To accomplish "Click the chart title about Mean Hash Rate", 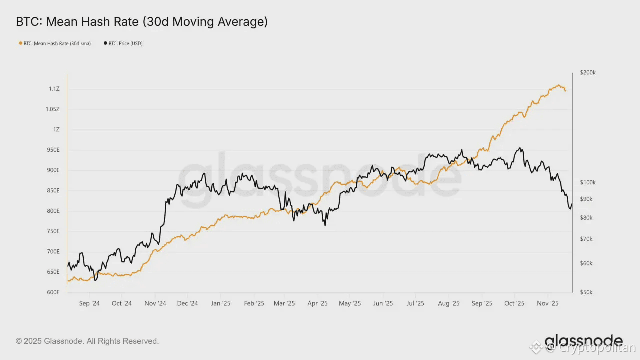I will (142, 22).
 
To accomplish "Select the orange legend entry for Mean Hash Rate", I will (55, 44).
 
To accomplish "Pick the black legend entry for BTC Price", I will (123, 44).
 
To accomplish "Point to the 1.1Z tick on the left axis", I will (54, 89).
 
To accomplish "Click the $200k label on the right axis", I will (587, 73).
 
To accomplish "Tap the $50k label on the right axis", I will (586, 292).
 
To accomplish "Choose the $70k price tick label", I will (586, 239).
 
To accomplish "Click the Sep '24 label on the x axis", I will (89, 303).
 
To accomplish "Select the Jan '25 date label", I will (220, 303).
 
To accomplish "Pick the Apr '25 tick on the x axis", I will (317, 303).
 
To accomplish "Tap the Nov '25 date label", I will (548, 303).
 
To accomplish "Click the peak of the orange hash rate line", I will (558, 85).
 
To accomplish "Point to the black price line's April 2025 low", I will (325, 225).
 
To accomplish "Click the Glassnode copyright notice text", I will (87, 341).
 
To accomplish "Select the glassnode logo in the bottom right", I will (583, 341).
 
